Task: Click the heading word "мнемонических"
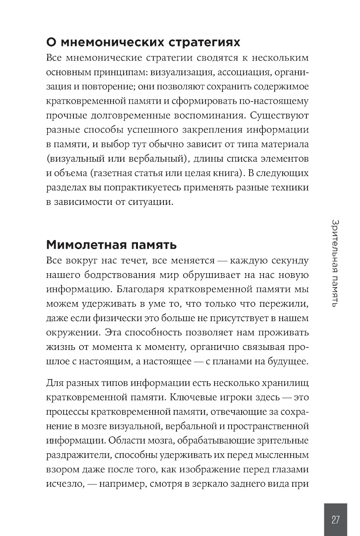[108, 42]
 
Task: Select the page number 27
[336, 520]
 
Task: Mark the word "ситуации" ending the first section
[150, 202]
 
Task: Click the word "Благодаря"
[141, 289]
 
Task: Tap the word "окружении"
[73, 333]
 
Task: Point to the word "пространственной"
[268, 426]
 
